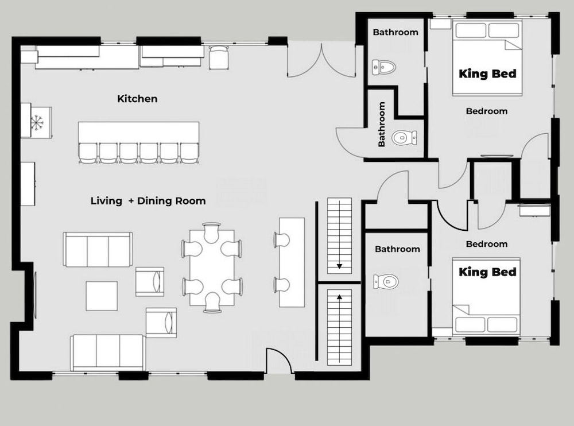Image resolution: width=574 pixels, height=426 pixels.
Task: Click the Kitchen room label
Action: (x=137, y=99)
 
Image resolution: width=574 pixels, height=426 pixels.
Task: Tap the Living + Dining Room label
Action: (x=148, y=201)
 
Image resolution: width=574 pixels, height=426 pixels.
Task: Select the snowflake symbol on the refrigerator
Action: (x=36, y=122)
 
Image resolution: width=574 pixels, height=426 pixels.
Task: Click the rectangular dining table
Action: (x=212, y=268)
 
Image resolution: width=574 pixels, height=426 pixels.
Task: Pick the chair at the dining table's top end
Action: (x=212, y=233)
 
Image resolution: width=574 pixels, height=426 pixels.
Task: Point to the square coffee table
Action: (x=102, y=296)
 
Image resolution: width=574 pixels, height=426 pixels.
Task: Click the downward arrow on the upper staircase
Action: (x=339, y=266)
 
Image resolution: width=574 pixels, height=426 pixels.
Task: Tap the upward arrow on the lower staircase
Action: (x=339, y=297)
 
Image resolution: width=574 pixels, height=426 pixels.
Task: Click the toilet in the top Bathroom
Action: (x=384, y=67)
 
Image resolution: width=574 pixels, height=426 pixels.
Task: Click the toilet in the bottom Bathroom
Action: (x=386, y=281)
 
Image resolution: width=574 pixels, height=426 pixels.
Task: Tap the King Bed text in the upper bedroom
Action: (x=487, y=73)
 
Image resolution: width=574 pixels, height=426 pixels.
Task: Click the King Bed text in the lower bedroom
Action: (x=487, y=272)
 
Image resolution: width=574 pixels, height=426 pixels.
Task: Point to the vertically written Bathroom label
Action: (x=382, y=124)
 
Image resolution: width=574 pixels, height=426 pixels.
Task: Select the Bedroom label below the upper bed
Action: (x=487, y=111)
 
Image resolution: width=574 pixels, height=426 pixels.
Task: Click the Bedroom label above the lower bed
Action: (x=487, y=244)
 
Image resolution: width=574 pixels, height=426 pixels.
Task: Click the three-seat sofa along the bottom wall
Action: (x=108, y=353)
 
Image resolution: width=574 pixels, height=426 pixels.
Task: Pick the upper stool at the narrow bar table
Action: (x=282, y=240)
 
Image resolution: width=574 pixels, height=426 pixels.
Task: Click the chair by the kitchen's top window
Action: (x=219, y=57)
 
